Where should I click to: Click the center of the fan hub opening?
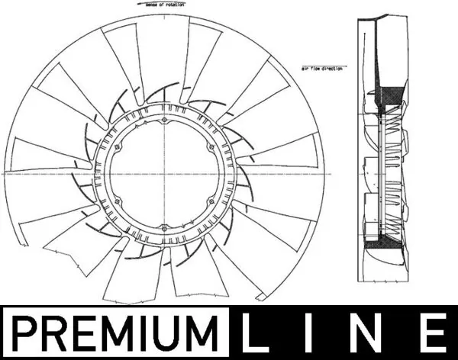165,174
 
